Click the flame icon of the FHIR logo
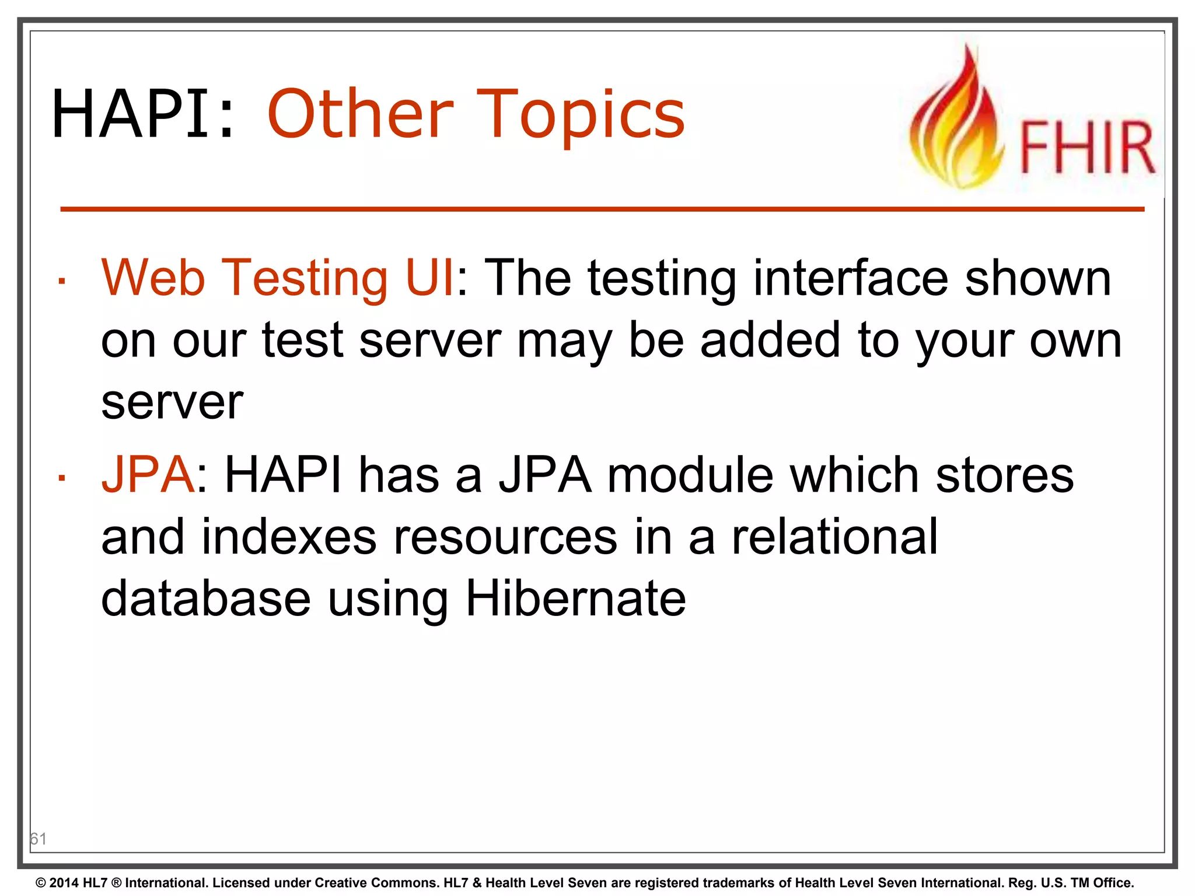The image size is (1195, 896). point(957,123)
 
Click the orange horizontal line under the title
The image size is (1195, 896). point(601,209)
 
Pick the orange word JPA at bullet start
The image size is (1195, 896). point(148,475)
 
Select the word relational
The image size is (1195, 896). point(834,537)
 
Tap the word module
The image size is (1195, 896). point(690,475)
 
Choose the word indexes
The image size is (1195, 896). point(289,537)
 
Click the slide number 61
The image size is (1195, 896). point(39,839)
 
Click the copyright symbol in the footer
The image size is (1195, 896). point(41,883)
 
